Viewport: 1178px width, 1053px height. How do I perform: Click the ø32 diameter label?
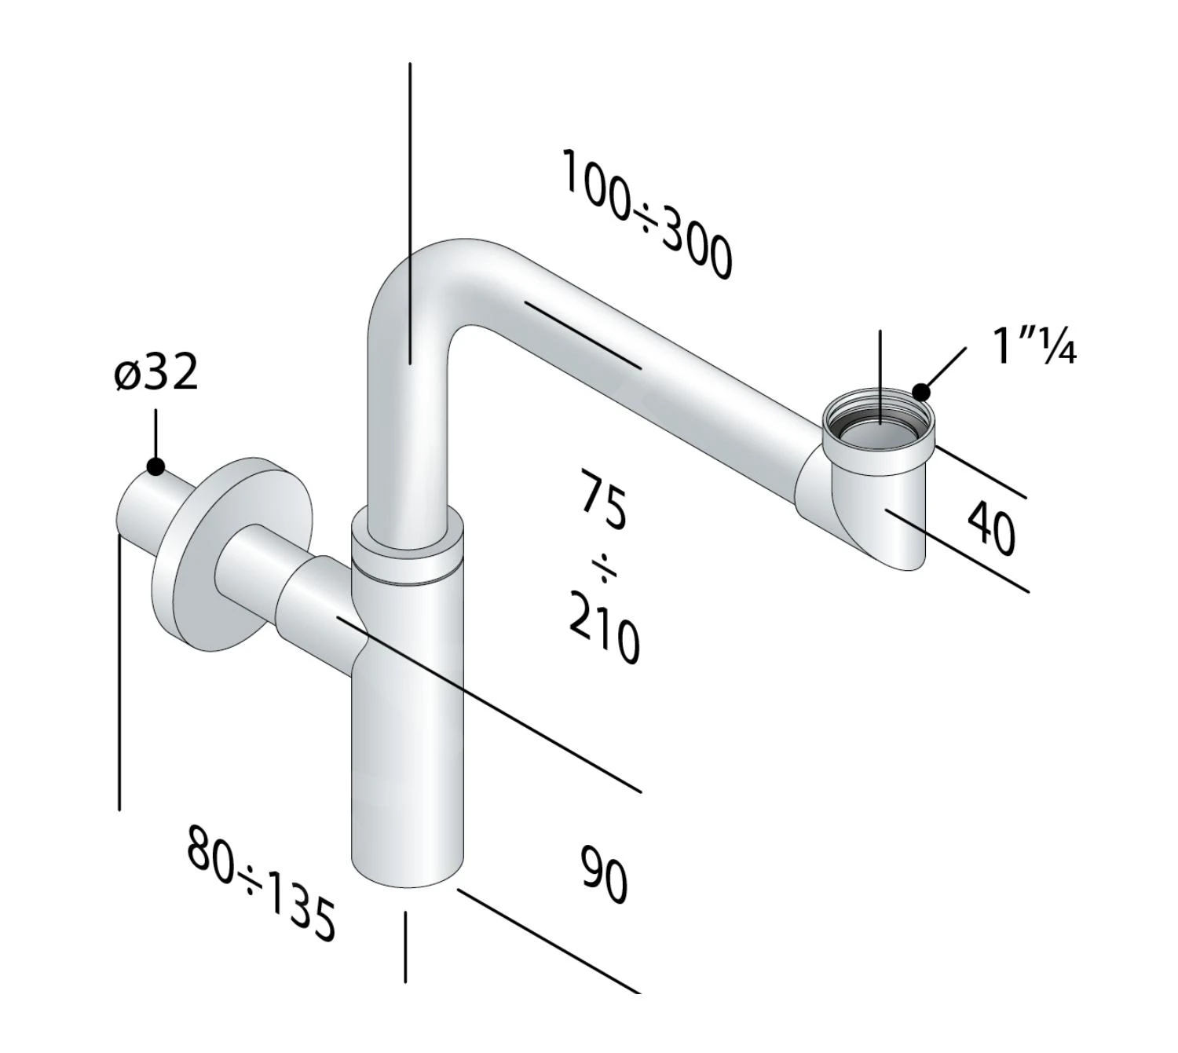coord(155,373)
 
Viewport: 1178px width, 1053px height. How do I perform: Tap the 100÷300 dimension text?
coord(646,214)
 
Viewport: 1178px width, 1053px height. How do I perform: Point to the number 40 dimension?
coord(991,528)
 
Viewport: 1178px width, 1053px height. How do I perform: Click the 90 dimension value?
coord(604,873)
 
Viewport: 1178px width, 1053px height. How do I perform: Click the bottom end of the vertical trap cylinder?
coord(407,872)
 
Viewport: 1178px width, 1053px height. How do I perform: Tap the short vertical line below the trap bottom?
coord(405,946)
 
